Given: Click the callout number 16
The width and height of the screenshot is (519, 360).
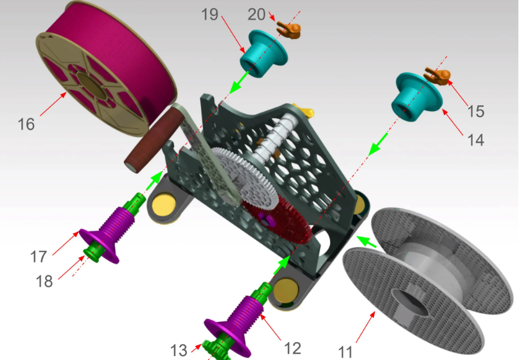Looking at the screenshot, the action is point(26,124).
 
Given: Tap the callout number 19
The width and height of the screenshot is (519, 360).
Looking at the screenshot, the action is point(209,15).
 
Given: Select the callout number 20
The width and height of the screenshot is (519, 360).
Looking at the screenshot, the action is point(256,15).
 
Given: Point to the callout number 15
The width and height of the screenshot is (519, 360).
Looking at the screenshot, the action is point(475,112).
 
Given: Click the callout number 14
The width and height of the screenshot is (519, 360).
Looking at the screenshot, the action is point(475,140).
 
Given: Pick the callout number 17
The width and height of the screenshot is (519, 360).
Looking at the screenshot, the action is point(39,257).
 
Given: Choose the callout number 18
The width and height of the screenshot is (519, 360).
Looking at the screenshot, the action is point(44,282).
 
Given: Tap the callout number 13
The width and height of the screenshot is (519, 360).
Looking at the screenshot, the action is point(179,350).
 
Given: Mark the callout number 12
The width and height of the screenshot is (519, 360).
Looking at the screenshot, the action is point(293,348).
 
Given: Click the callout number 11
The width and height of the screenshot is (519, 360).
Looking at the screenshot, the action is point(346,352).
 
